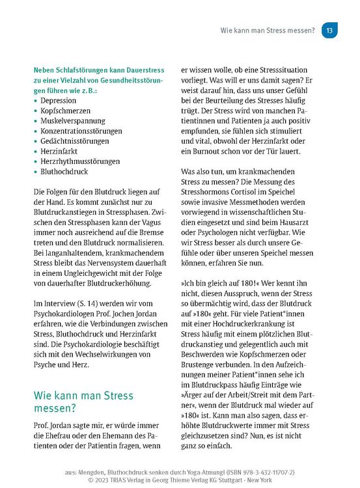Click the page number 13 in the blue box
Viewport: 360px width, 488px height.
click(330, 30)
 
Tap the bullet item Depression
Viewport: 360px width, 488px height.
click(58, 101)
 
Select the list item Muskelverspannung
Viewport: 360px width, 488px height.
click(73, 124)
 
